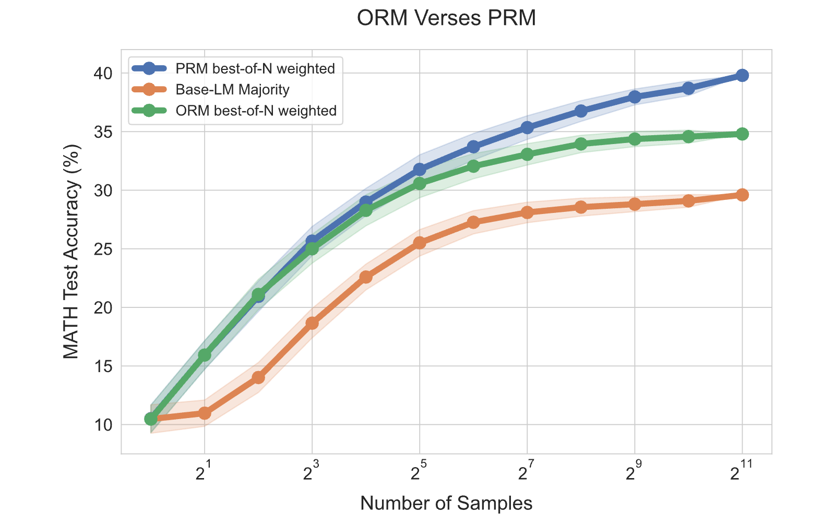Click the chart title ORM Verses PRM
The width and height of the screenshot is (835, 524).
pyautogui.click(x=446, y=18)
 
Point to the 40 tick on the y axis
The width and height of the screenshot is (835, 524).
pyautogui.click(x=103, y=74)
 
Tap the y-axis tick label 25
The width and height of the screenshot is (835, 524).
pyautogui.click(x=103, y=249)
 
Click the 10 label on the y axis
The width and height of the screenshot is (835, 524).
pyautogui.click(x=103, y=425)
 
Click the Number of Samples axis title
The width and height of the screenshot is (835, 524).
pyautogui.click(x=446, y=503)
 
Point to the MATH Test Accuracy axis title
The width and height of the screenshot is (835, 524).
pyautogui.click(x=71, y=252)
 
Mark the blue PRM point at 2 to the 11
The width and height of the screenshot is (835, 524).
pyautogui.click(x=742, y=75)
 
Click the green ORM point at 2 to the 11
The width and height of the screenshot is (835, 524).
pyautogui.click(x=742, y=134)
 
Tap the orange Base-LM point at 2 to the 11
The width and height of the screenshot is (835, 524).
pyautogui.click(x=742, y=195)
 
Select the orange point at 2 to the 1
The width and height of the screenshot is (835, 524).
pyautogui.click(x=205, y=413)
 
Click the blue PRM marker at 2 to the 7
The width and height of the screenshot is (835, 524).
pyautogui.click(x=527, y=128)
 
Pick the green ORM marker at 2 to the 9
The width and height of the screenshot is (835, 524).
pyautogui.click(x=635, y=139)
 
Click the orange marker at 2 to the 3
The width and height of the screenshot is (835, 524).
pyautogui.click(x=312, y=323)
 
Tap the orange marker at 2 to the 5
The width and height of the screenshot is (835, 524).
pyautogui.click(x=420, y=243)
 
